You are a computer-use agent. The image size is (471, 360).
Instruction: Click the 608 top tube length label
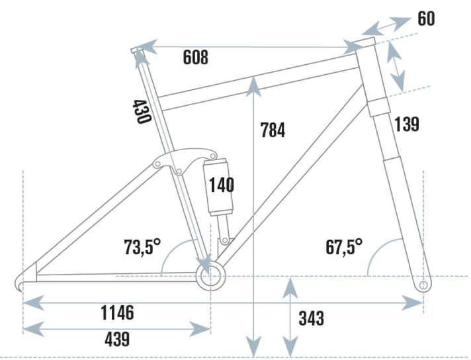(x=195, y=58)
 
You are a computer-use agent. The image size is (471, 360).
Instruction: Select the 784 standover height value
(x=273, y=130)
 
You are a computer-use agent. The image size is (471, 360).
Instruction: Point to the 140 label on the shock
(x=221, y=185)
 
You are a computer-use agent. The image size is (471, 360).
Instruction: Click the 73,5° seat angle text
(x=142, y=247)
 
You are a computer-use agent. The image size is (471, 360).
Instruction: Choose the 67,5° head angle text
(x=344, y=247)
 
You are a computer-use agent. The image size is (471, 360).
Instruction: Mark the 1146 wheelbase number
(x=118, y=312)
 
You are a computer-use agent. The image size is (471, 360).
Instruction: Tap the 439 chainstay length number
(x=117, y=339)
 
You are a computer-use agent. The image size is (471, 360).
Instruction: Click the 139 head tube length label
(x=407, y=123)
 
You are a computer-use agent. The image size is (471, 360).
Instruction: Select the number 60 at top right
(x=427, y=19)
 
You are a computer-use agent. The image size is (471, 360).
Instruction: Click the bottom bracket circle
(x=210, y=277)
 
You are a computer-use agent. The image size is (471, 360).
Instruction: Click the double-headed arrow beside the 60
(x=388, y=26)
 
